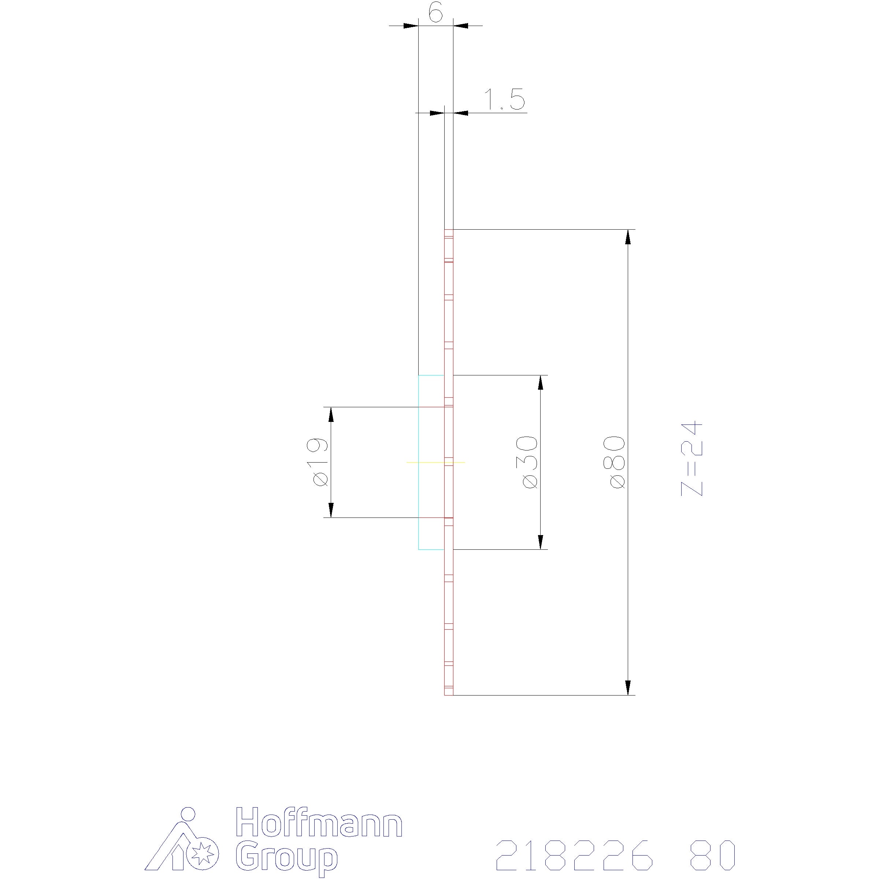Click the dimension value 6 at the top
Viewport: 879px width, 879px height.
tap(435, 14)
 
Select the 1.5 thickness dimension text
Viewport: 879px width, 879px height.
tap(504, 100)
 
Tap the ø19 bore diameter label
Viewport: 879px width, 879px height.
tap(320, 462)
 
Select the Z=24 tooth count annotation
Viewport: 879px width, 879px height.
tap(691, 459)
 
